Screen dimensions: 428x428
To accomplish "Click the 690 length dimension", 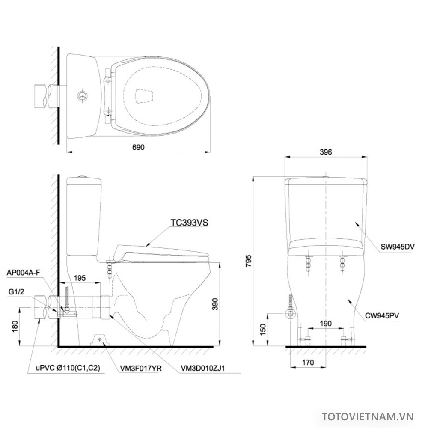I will coord(138,147).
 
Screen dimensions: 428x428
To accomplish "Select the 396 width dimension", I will coord(326,152).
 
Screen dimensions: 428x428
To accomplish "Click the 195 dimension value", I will coord(80,278).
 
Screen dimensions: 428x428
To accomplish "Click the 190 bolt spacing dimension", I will coord(326,324).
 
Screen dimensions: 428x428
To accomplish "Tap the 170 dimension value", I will coord(308,362).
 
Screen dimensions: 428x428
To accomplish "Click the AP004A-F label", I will coord(24,272).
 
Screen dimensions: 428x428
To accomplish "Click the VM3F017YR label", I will coord(134,367).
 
